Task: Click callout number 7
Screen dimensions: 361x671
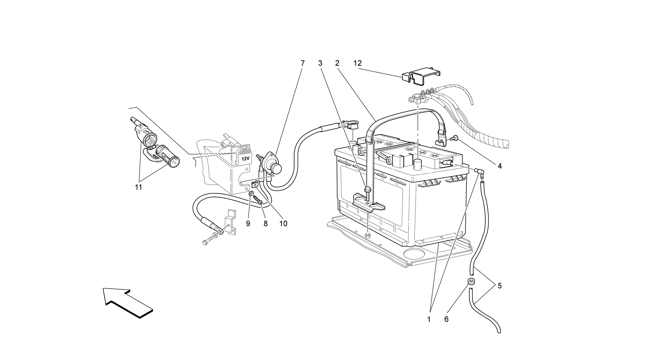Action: [302, 63]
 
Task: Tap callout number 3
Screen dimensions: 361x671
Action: [320, 63]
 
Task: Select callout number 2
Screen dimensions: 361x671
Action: [337, 63]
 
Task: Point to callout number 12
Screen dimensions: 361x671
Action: [357, 63]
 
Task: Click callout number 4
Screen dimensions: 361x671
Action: [499, 166]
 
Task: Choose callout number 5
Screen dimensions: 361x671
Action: [499, 286]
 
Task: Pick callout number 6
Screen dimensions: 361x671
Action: [446, 319]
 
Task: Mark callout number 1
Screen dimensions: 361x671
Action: [429, 319]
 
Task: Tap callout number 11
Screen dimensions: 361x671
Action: [138, 187]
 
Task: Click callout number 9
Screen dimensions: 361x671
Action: [248, 223]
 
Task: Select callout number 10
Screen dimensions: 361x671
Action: [283, 223]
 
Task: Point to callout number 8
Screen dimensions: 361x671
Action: [265, 223]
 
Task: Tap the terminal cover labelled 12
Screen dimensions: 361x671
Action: [421, 76]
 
